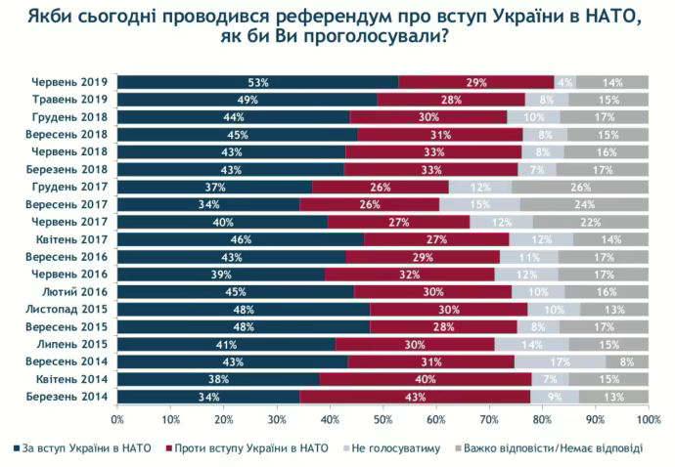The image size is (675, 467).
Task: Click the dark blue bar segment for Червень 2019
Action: click(x=257, y=82)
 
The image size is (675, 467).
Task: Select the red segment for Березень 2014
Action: click(x=415, y=397)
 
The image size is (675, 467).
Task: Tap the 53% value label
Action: click(x=258, y=82)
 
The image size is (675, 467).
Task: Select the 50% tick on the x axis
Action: click(x=382, y=419)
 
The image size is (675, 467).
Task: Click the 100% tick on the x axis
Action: click(x=648, y=419)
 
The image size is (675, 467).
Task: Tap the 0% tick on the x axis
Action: click(x=117, y=419)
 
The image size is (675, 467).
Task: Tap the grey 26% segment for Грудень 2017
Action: click(x=580, y=187)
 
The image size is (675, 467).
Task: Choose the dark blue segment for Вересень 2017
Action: click(x=208, y=204)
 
